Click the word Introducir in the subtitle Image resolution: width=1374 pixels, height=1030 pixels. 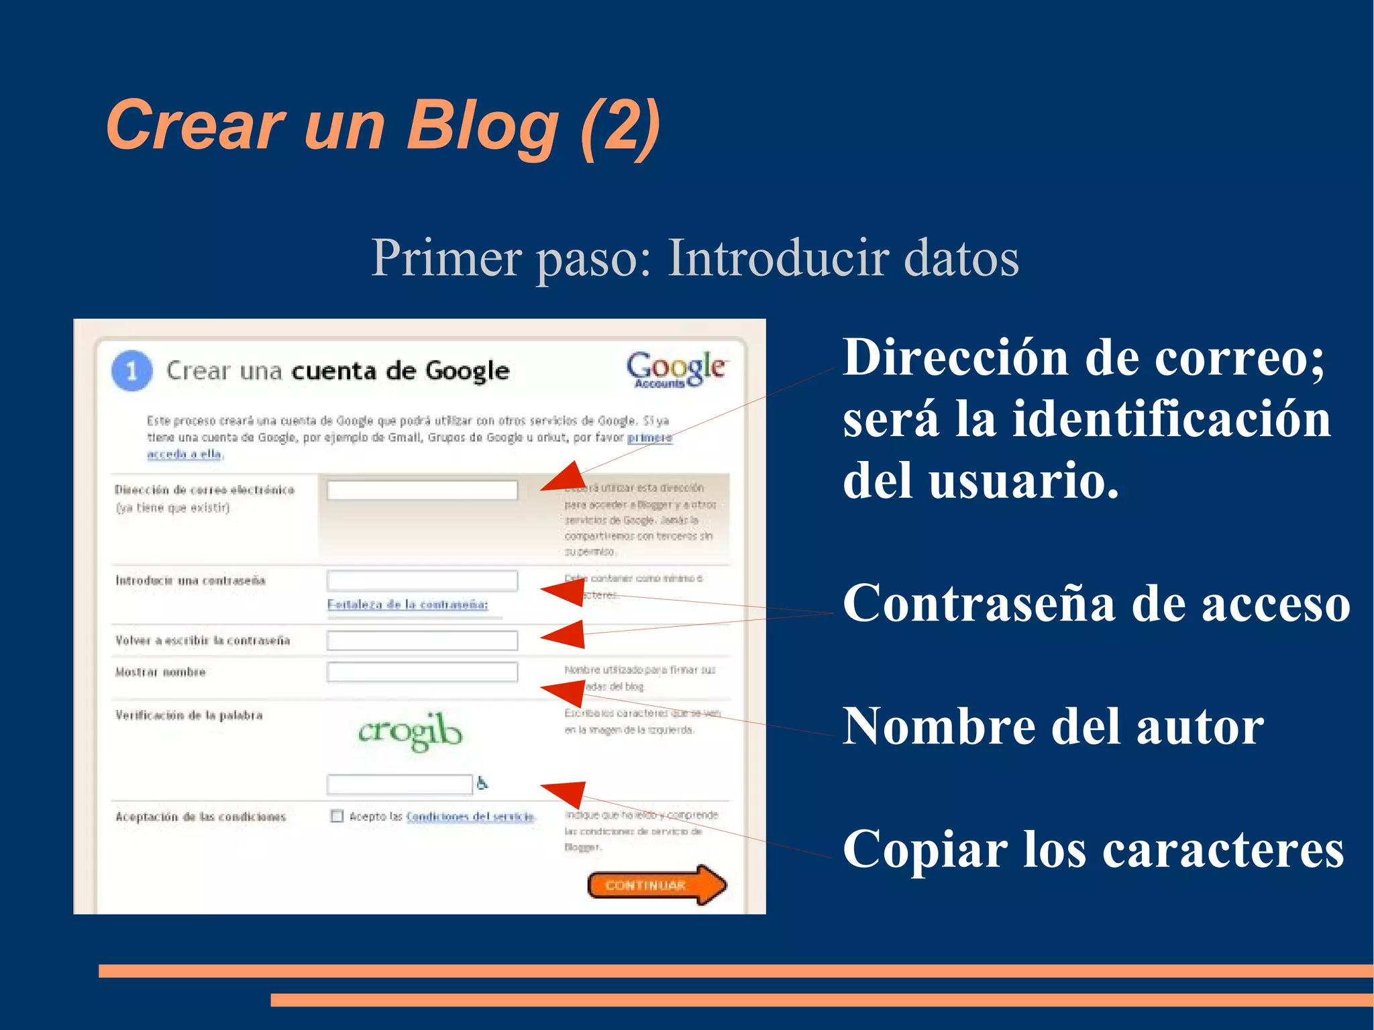[777, 258]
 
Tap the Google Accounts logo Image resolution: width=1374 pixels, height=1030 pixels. [676, 370]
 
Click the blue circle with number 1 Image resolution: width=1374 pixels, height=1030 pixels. [131, 370]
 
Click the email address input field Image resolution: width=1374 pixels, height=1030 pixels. [422, 490]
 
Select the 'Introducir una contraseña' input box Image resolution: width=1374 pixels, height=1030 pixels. [422, 580]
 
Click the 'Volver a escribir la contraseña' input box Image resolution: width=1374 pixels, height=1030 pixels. [422, 640]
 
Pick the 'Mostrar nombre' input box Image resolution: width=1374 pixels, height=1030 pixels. [422, 671]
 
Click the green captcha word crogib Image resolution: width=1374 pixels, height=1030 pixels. [410, 731]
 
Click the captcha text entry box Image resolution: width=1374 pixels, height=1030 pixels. [399, 783]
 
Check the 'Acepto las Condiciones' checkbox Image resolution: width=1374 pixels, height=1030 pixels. [337, 816]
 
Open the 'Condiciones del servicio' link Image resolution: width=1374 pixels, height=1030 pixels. [470, 817]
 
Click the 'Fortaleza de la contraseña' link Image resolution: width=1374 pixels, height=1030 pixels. [407, 605]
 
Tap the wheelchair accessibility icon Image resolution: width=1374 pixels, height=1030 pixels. [482, 782]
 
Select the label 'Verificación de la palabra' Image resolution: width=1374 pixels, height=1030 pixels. [189, 715]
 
